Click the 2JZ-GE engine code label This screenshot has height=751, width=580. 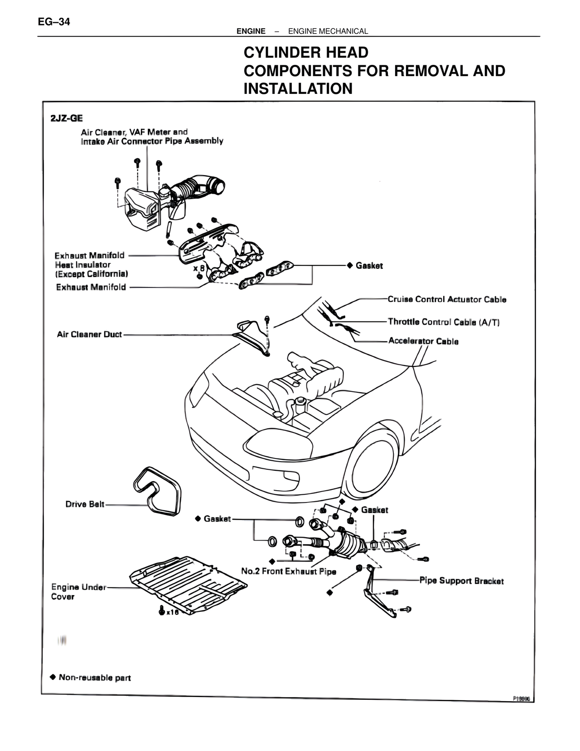point(67,118)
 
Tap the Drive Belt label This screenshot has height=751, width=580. point(85,504)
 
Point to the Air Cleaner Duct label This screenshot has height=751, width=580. point(89,335)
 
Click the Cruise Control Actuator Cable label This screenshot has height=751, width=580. point(447,299)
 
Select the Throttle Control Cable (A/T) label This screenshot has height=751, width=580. point(444,322)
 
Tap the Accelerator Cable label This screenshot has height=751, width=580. point(423,341)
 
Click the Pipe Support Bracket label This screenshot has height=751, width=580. point(461,581)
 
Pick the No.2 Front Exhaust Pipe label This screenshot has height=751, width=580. point(289,571)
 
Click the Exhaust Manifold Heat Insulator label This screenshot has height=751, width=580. point(91,264)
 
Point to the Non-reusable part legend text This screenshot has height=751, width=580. point(95,678)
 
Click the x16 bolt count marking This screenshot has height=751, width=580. point(173,612)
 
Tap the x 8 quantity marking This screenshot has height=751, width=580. point(199,268)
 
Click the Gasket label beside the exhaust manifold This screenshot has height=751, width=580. point(369,266)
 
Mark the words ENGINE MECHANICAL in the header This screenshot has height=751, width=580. point(328,31)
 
